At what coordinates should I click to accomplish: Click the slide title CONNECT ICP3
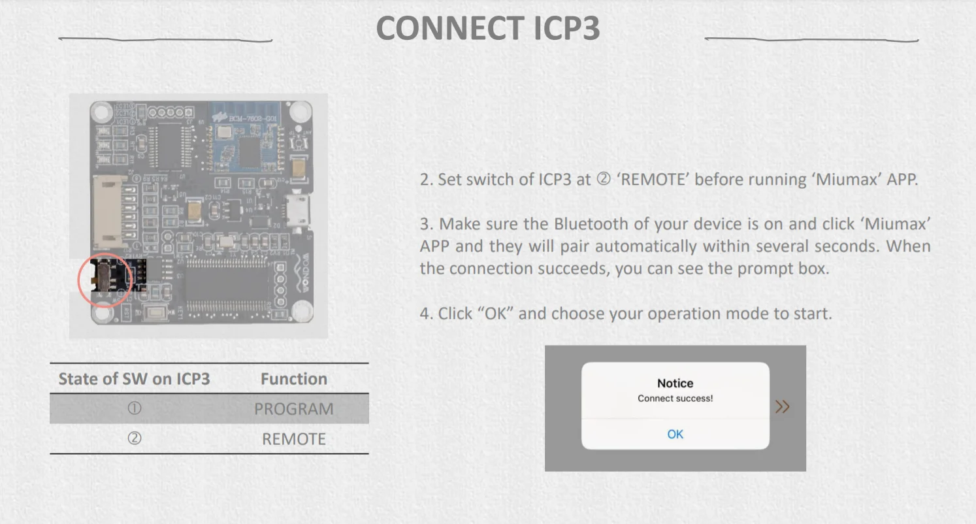(x=488, y=29)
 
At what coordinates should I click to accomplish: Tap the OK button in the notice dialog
(x=675, y=434)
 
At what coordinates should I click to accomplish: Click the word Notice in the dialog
(x=675, y=384)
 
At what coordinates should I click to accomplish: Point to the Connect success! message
(x=675, y=399)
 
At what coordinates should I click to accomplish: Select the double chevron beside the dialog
(x=782, y=407)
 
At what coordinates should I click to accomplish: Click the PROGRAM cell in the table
(x=293, y=409)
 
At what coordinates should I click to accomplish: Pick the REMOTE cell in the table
(x=293, y=439)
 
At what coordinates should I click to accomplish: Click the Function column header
(x=293, y=379)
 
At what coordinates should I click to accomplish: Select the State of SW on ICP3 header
(x=134, y=379)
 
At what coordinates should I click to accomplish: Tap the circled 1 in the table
(x=134, y=409)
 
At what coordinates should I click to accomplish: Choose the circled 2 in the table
(x=134, y=439)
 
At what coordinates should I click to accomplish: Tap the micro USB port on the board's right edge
(x=301, y=210)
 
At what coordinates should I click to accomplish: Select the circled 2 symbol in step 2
(x=603, y=180)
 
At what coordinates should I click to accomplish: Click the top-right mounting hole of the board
(x=299, y=113)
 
